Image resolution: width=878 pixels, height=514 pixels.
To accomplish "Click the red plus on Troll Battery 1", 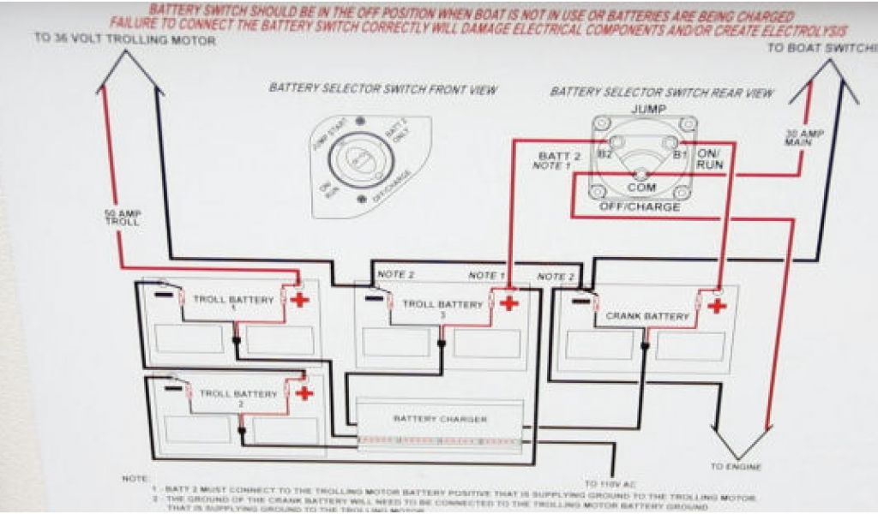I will click(x=299, y=299).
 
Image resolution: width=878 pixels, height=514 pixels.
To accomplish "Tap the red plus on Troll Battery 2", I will click(x=304, y=393).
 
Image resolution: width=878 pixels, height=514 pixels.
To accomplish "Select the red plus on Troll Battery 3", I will click(x=509, y=303).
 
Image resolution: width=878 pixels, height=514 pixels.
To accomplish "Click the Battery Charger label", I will click(x=441, y=419).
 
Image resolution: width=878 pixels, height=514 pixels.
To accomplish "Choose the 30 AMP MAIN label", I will click(x=793, y=137).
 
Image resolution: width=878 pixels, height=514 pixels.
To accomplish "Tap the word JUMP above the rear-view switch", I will click(x=648, y=110).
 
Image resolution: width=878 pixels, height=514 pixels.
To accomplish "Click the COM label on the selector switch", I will click(x=641, y=187).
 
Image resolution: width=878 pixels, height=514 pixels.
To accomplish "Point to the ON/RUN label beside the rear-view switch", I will click(x=710, y=158).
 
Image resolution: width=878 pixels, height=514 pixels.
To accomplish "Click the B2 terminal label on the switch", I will click(x=604, y=154).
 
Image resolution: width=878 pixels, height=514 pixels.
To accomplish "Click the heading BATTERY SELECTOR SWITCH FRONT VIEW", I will click(x=382, y=89).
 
